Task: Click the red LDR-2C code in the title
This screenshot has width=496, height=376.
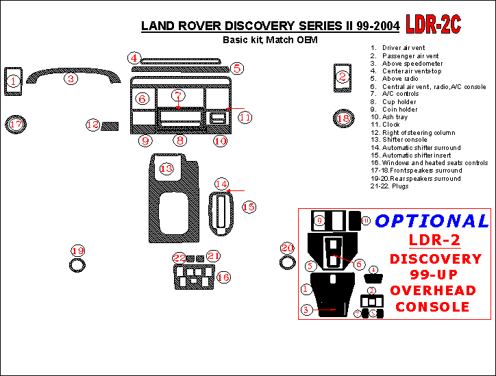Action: (x=433, y=25)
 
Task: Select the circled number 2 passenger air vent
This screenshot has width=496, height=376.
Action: (x=342, y=77)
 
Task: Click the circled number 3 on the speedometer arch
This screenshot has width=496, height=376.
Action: (x=71, y=79)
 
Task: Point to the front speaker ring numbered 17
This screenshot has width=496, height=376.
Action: (x=15, y=125)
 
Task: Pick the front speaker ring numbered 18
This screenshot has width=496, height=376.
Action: (x=343, y=119)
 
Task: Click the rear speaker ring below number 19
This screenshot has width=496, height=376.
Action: (x=78, y=265)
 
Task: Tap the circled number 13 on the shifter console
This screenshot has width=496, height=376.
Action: (x=166, y=168)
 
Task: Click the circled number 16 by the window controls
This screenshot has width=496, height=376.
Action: (x=223, y=277)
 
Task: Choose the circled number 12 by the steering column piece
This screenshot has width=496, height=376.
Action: (x=92, y=125)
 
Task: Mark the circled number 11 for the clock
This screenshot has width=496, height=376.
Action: (x=245, y=117)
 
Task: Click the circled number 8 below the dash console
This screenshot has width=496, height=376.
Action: (x=179, y=140)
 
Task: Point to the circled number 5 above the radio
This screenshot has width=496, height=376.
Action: (x=237, y=68)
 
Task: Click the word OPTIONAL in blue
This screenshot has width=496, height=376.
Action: (x=432, y=221)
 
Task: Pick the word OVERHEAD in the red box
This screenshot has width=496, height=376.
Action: (x=432, y=290)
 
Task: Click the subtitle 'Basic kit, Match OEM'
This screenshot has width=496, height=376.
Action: (x=270, y=40)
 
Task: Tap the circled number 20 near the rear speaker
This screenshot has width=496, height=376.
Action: (x=287, y=248)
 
